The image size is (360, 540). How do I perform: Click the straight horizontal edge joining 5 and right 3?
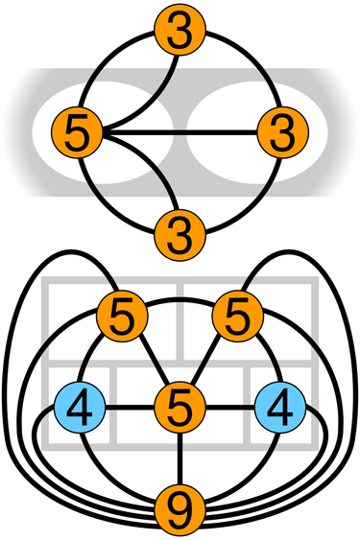pyautogui.click(x=182, y=130)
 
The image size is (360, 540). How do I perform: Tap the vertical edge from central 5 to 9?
pyautogui.click(x=180, y=455)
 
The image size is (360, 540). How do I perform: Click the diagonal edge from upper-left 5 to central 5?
pyautogui.click(x=151, y=360)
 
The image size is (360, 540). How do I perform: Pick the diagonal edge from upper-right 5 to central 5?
pyautogui.click(x=208, y=360)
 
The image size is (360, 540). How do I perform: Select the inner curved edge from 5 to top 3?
pyautogui.click(x=144, y=91)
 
